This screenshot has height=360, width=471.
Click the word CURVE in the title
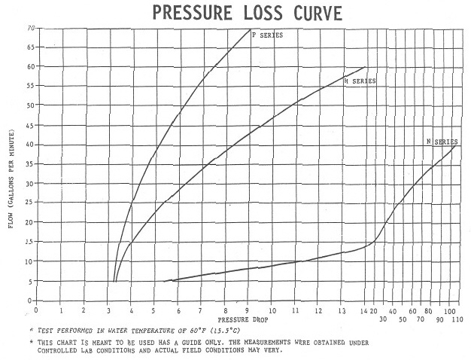pyautogui.click(x=318, y=13)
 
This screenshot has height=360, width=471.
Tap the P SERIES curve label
pyautogui.click(x=267, y=35)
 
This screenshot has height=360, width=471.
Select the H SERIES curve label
pyautogui.click(x=360, y=81)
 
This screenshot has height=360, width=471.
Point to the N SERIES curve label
pyautogui.click(x=442, y=142)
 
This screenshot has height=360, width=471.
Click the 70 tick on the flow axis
pyautogui.click(x=32, y=28)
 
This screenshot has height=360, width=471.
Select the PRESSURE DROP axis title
pyautogui.click(x=243, y=319)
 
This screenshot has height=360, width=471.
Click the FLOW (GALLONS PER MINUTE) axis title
pyautogui.click(x=11, y=178)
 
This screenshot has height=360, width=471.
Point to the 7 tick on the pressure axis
pyautogui.click(x=201, y=311)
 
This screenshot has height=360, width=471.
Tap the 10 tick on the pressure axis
pyautogui.click(x=272, y=311)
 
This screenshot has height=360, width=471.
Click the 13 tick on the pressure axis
pyautogui.click(x=342, y=311)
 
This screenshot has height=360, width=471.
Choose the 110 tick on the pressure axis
pyautogui.click(x=457, y=319)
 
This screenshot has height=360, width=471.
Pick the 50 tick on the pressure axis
pyautogui.click(x=403, y=319)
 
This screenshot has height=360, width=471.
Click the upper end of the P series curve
pyautogui.click(x=251, y=29)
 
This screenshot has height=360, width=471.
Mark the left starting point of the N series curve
pyautogui.click(x=164, y=282)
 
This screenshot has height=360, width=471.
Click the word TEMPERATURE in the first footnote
pyautogui.click(x=150, y=331)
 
